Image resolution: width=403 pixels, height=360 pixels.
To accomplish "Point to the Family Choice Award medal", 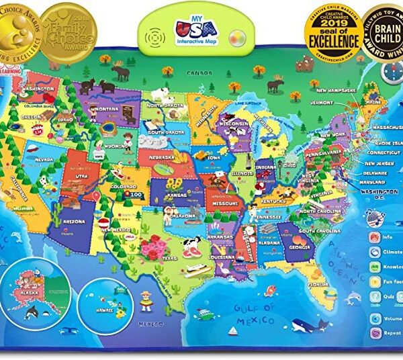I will click(63, 27).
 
